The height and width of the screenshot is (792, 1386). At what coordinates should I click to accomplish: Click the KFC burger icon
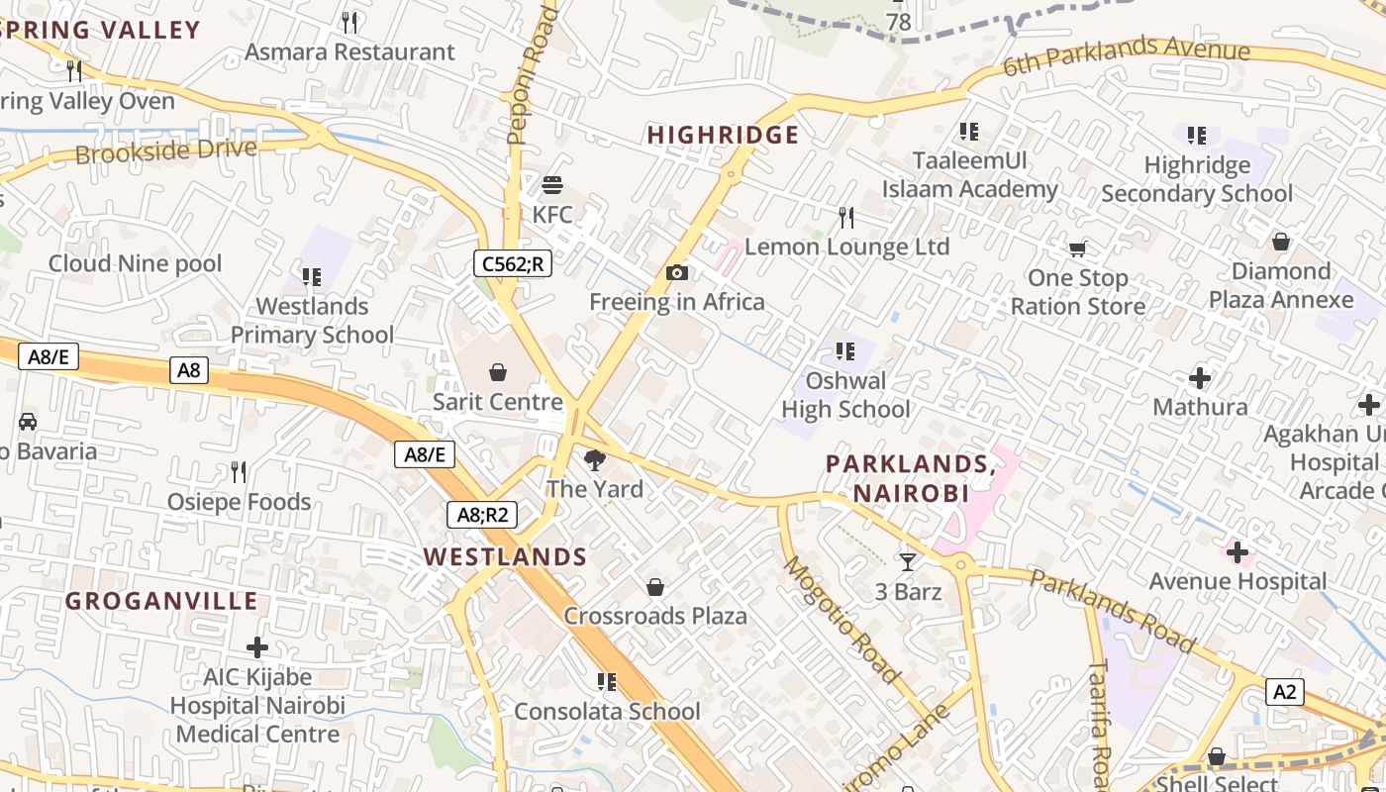coord(552,185)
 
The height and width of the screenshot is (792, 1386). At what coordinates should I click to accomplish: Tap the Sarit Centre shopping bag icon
coord(498,372)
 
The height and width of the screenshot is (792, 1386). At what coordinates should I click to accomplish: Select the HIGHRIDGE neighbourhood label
coord(723,136)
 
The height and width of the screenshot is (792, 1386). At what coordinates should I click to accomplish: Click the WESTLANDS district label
coord(506,556)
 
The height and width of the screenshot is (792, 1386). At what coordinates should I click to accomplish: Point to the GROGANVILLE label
coord(162,601)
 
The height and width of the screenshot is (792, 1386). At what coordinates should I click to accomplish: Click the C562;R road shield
coord(512,263)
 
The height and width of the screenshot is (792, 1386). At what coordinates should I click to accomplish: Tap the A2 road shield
coord(1284,691)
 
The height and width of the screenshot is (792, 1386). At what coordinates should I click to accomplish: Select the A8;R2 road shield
coord(482,514)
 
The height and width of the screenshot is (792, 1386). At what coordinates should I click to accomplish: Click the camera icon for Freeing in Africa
coord(677,272)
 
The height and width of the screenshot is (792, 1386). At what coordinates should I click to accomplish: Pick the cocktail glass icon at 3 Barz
coord(908,562)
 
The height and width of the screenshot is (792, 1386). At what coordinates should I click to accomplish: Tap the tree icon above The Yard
coord(595,459)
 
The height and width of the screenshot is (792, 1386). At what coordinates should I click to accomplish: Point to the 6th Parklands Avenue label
coord(1127,55)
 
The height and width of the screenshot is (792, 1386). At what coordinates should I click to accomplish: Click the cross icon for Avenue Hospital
coord(1237,551)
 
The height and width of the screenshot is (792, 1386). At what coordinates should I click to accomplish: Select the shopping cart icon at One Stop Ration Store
coord(1077,248)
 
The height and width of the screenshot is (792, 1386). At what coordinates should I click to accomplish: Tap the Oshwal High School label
coord(845,395)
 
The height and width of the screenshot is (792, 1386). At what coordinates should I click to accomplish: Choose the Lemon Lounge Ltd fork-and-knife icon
coord(846,217)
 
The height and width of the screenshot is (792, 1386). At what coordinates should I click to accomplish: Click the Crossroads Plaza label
coord(655,616)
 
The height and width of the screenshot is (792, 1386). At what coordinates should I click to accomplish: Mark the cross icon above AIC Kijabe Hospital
coord(257,647)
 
